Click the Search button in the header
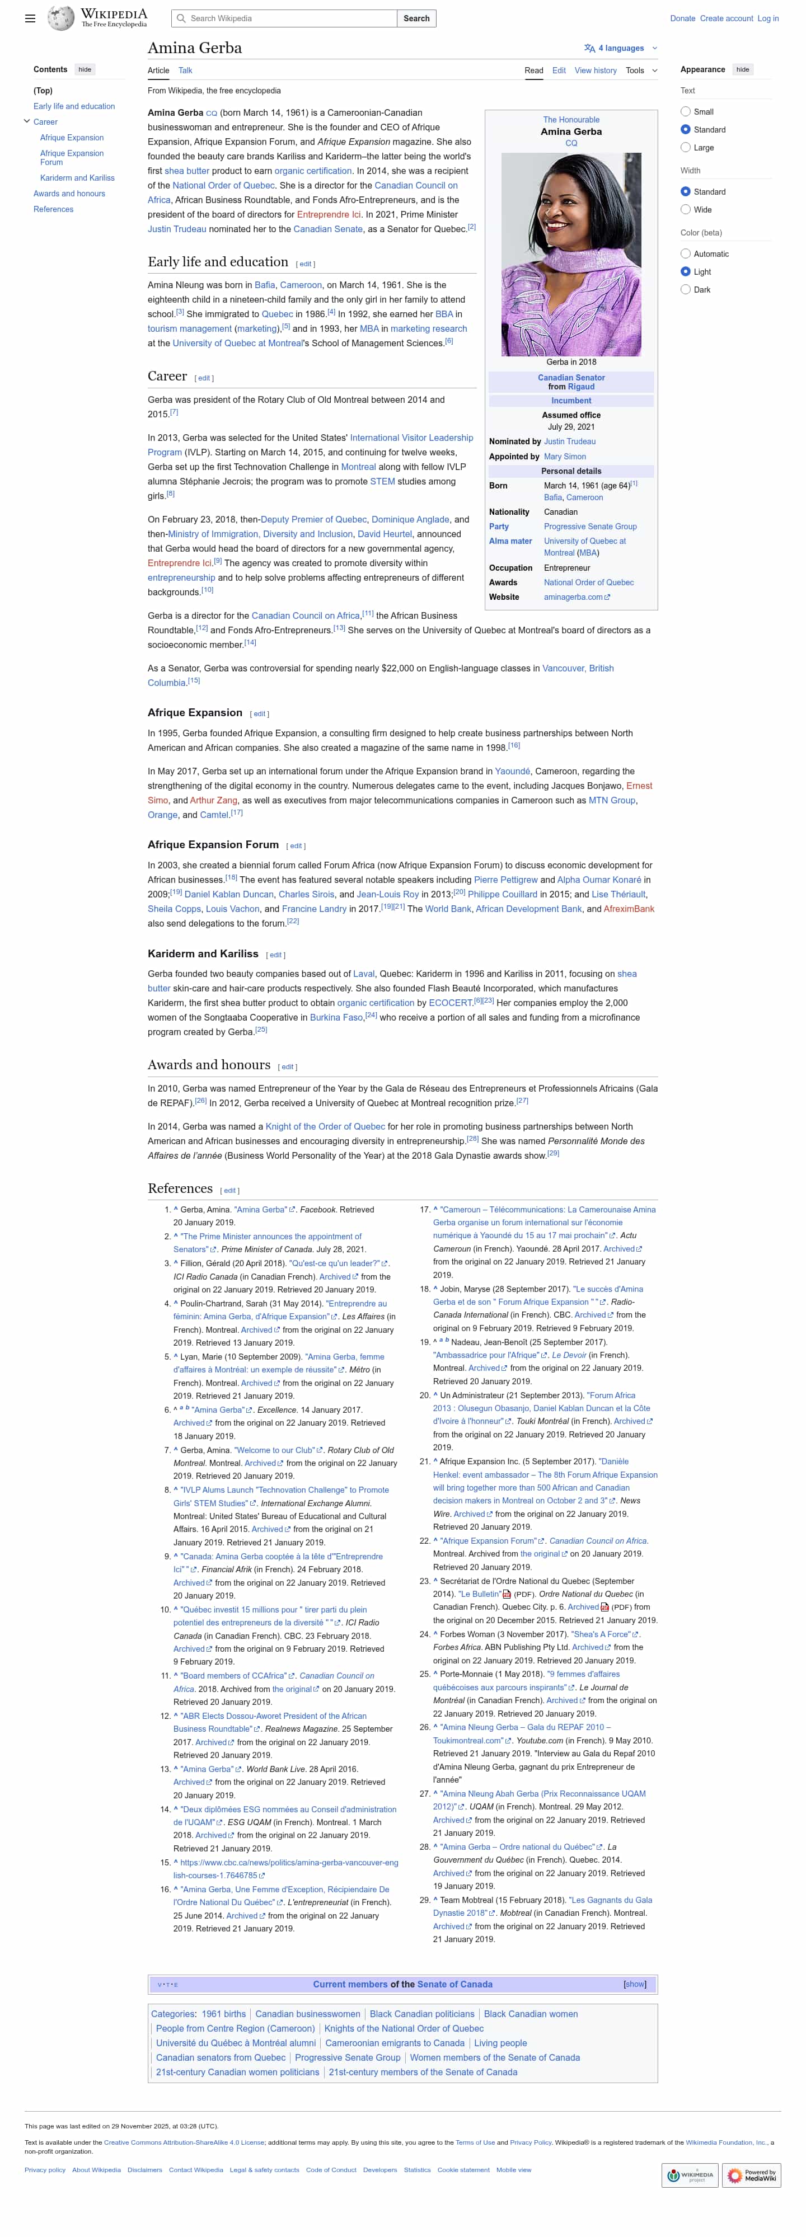click(416, 18)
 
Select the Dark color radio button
click(685, 289)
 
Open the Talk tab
click(185, 71)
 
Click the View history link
click(595, 71)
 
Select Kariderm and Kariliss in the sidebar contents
click(77, 178)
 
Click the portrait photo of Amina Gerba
click(570, 255)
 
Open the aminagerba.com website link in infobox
click(573, 596)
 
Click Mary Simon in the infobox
click(565, 456)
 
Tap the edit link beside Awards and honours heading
click(288, 1066)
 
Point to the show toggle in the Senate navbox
click(634, 1984)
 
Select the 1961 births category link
click(223, 2014)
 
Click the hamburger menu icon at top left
click(30, 18)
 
